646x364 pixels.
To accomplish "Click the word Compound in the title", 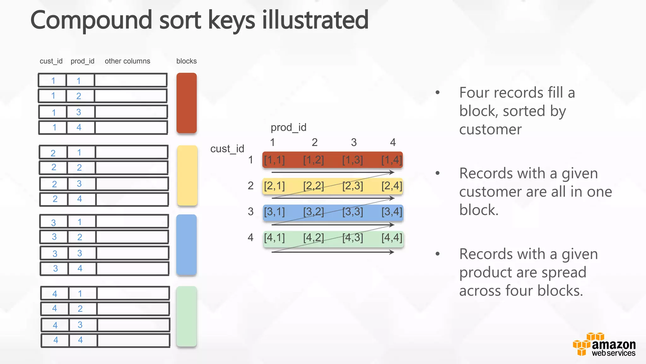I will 91,20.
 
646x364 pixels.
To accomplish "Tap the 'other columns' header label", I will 127,61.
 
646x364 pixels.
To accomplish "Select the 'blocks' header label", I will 186,61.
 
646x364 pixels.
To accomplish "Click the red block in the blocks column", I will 186,103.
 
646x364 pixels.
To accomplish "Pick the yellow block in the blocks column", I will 187,175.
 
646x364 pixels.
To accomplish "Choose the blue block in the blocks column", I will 186,245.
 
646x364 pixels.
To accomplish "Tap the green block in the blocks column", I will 186,316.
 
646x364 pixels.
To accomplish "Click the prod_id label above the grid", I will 288,127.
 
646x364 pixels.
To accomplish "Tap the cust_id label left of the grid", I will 227,149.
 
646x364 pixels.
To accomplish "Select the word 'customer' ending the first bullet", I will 490,130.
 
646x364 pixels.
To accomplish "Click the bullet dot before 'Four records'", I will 438,93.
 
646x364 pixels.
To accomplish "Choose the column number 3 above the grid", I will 354,143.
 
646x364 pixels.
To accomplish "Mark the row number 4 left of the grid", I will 250,237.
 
